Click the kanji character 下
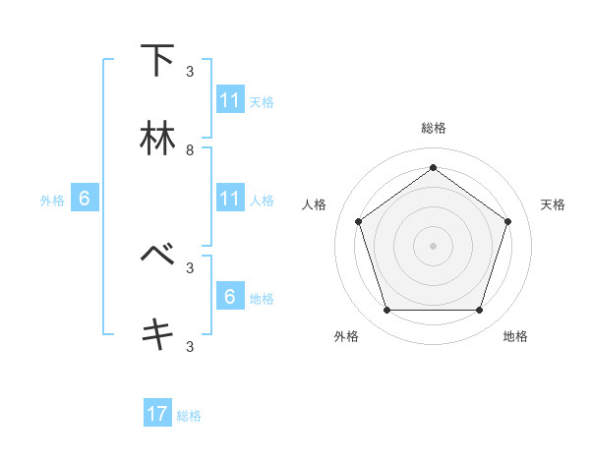tap(157, 60)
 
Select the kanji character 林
tap(157, 139)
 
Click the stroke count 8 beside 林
tap(190, 150)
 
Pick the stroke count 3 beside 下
tap(190, 72)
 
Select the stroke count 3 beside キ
tap(190, 346)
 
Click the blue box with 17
tap(157, 415)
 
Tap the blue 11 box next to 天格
tap(230, 100)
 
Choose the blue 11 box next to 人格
tap(230, 200)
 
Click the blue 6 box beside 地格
tap(230, 297)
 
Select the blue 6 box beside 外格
tap(85, 200)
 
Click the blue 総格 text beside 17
tap(189, 416)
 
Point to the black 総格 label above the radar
tap(433, 128)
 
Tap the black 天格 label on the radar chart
tap(553, 204)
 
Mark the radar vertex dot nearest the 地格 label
tap(479, 310)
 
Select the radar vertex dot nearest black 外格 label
tap(386, 310)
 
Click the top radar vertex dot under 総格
tap(433, 168)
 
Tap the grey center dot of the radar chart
tap(433, 246)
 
